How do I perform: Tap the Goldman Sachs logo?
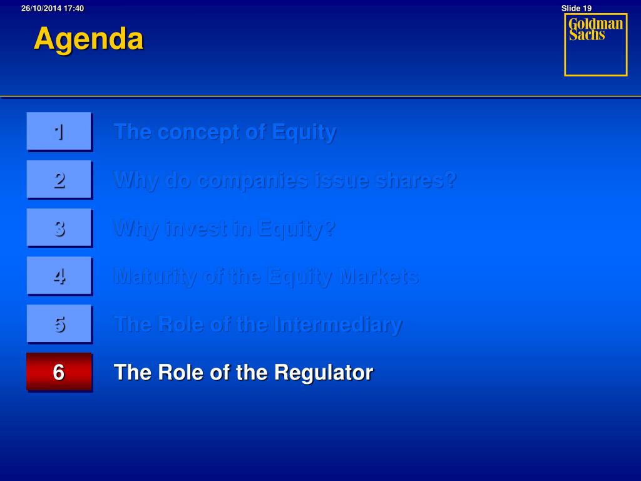(x=596, y=44)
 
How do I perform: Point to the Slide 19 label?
(x=577, y=8)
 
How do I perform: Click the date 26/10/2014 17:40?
(x=53, y=8)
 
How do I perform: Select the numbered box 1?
(x=59, y=132)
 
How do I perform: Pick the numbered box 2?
(x=59, y=180)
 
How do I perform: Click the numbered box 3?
(x=59, y=228)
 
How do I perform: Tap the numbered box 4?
(x=59, y=276)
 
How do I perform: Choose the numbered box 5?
(x=59, y=324)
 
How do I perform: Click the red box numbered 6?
(x=59, y=372)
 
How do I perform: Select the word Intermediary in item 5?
(x=338, y=325)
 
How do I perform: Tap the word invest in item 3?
(x=195, y=229)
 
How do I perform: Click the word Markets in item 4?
(x=379, y=276)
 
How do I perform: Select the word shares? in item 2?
(x=416, y=180)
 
